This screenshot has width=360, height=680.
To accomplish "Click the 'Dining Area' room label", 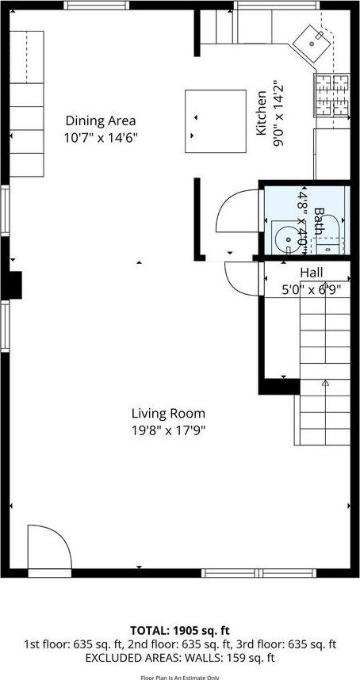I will point(101,121).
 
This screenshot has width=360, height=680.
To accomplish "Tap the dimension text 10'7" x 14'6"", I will point(101,136).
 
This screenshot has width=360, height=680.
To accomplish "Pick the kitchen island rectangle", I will point(216,120).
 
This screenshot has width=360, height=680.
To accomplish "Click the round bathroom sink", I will point(284,238).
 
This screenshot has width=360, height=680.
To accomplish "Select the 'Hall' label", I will point(311,273).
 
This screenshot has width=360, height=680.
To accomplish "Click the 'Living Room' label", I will point(168,413).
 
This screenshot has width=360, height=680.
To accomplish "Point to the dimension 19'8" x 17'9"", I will point(168,430).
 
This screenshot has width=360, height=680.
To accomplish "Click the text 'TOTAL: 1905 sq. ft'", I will point(180,632).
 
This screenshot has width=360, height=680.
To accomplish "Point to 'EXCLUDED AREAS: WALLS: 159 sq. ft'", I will point(180,657).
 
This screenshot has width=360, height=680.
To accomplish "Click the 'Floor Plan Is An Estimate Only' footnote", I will point(180,677).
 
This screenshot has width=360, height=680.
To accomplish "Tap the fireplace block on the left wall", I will point(13,283).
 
